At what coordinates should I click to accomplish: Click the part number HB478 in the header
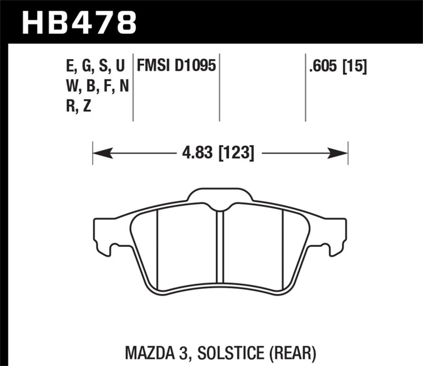pyautogui.click(x=79, y=22)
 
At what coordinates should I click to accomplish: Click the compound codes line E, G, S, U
pyautogui.click(x=93, y=66)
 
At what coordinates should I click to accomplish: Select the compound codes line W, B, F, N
pyautogui.click(x=93, y=85)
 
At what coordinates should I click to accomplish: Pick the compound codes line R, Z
pyautogui.click(x=77, y=105)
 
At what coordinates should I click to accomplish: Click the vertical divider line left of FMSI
pyautogui.click(x=133, y=87)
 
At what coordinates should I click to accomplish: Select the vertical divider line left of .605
pyautogui.click(x=306, y=87)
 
